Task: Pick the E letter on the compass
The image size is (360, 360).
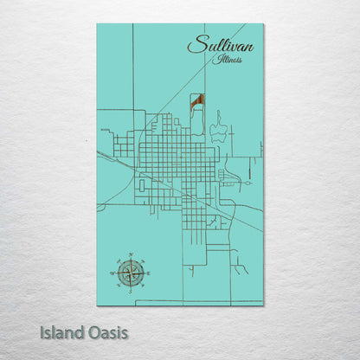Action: click(x=148, y=273)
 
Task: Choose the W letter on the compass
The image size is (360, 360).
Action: click(x=112, y=273)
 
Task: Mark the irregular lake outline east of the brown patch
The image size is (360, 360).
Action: click(x=219, y=130)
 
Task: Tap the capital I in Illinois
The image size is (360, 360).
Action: click(x=220, y=59)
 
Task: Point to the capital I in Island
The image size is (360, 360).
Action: click(x=42, y=331)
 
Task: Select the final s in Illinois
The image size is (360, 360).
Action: click(x=241, y=61)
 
